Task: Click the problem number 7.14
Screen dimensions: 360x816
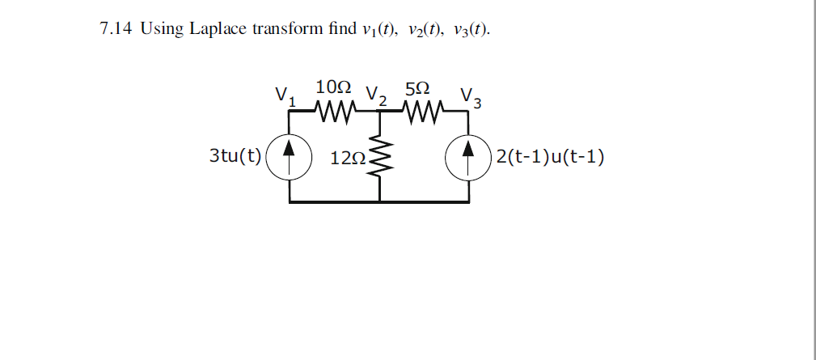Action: [116, 30]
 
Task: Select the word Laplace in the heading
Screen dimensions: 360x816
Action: [218, 30]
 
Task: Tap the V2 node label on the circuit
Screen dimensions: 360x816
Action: [376, 95]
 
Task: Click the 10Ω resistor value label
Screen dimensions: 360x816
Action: [333, 87]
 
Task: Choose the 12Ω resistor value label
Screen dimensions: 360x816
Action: [346, 157]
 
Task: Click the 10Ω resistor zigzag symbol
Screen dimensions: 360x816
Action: [333, 109]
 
